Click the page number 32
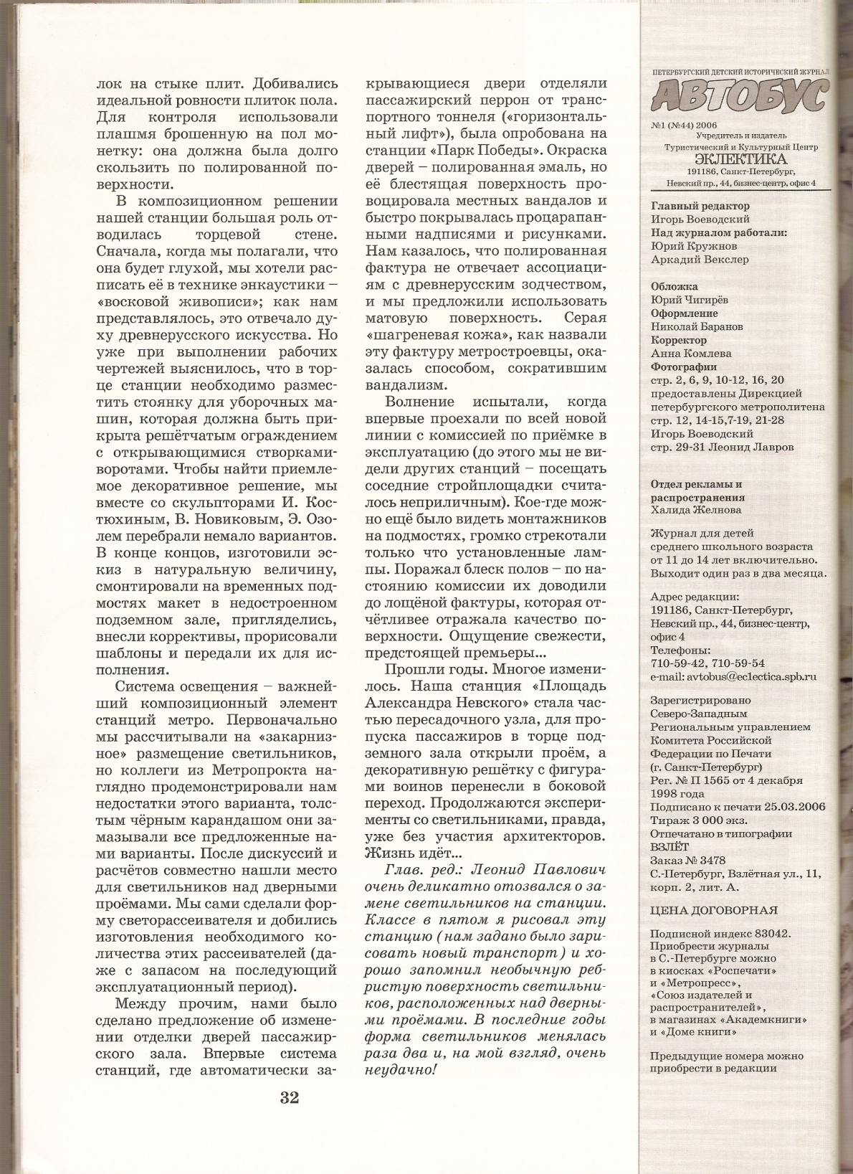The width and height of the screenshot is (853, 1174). coord(290,1097)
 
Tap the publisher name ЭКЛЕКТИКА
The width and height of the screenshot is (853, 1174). coord(740,159)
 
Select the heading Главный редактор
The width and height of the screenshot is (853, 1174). coord(700,206)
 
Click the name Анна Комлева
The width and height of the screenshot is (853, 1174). coord(691,354)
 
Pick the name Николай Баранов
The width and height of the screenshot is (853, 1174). coord(696,326)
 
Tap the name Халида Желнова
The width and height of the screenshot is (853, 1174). coord(695,510)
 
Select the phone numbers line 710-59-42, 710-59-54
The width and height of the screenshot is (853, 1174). coord(707,663)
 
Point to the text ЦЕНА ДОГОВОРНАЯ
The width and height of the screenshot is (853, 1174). coord(713,910)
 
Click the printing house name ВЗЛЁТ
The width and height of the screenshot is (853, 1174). coord(669,847)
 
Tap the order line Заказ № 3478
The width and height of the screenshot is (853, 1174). coord(687,861)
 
